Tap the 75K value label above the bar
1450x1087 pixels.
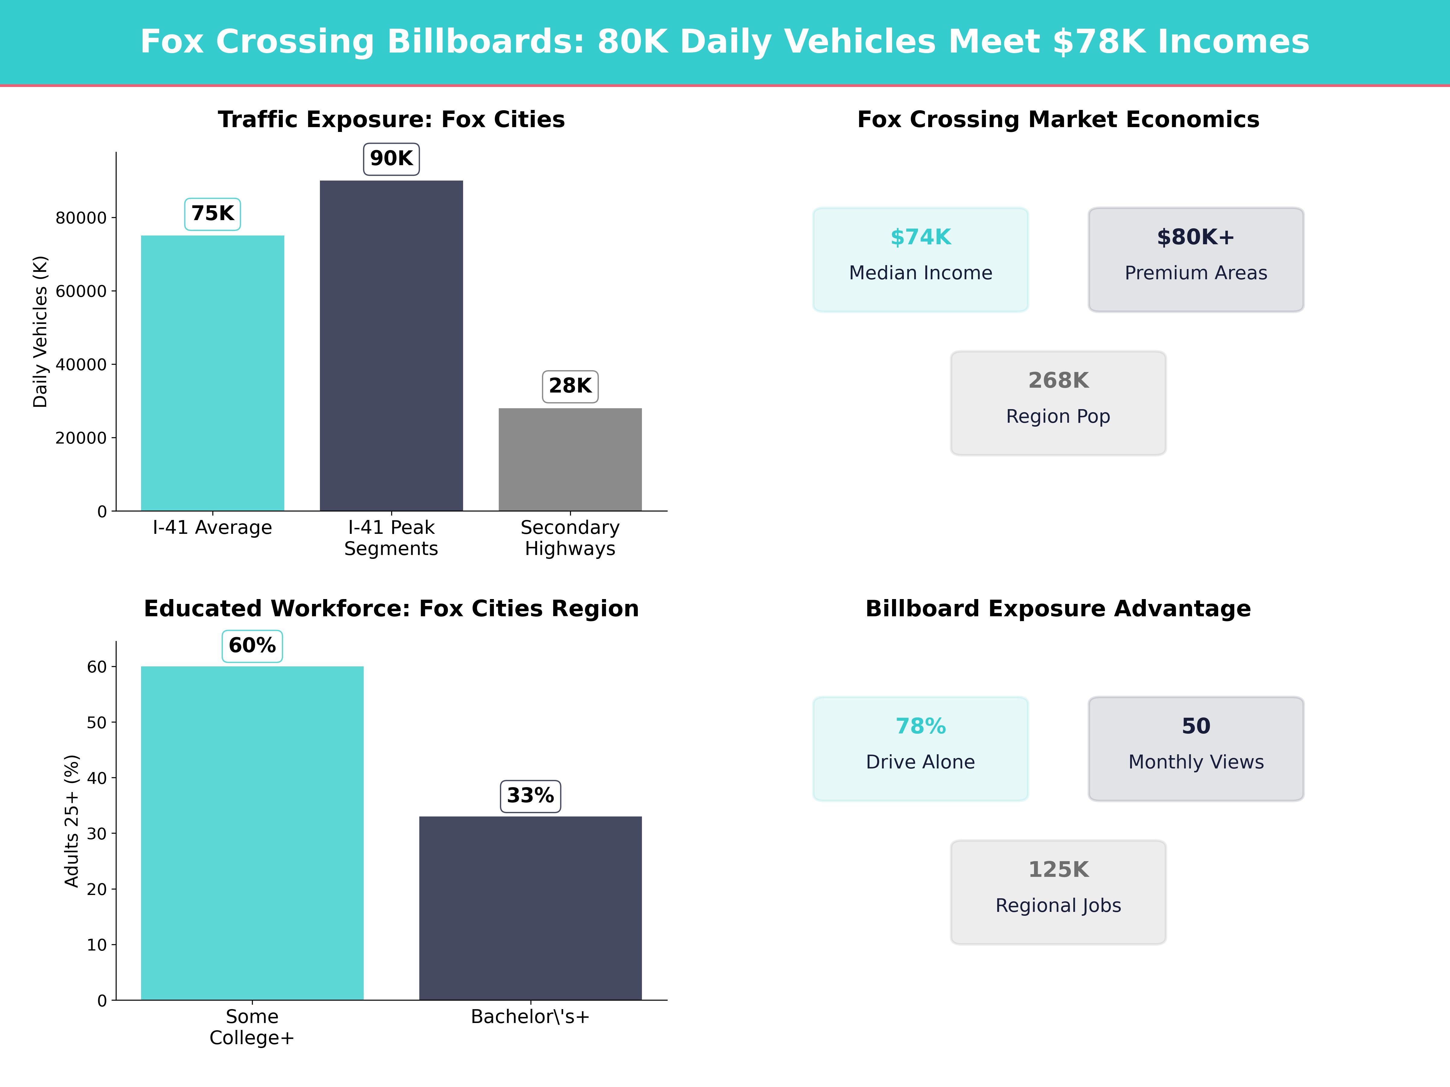[212, 213]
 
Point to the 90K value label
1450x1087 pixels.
[391, 159]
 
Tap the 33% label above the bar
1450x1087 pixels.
[530, 796]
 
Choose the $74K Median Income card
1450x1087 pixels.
[920, 259]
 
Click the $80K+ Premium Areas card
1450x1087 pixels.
[1196, 259]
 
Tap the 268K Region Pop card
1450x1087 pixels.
[1058, 403]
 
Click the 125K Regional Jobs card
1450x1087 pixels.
[1058, 893]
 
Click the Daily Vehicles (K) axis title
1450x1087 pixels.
[41, 332]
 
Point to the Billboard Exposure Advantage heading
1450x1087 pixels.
[1058, 609]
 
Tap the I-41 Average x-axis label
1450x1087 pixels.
[212, 527]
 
